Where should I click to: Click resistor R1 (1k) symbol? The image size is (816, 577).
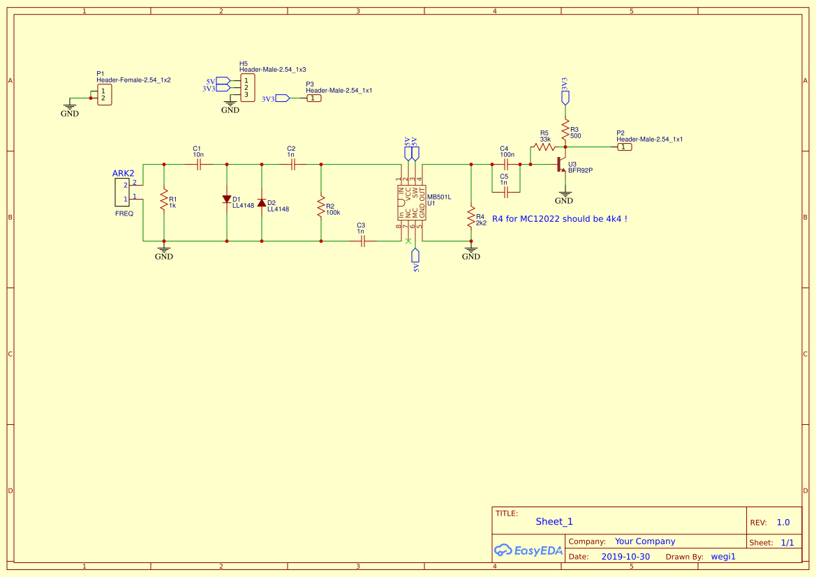tap(163, 201)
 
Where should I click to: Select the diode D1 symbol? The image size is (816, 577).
tap(227, 200)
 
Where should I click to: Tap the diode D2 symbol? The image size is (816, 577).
tap(262, 203)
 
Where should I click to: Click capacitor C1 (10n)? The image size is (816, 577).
tap(198, 165)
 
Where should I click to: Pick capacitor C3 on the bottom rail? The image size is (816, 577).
tap(362, 241)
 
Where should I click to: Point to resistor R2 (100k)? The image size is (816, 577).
tap(321, 207)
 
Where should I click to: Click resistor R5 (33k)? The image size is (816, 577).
tap(543, 147)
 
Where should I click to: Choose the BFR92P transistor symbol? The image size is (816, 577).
tap(561, 165)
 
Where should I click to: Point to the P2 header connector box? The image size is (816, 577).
tap(625, 147)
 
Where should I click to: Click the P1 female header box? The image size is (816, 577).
tap(103, 95)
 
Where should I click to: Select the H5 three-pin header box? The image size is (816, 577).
tap(247, 87)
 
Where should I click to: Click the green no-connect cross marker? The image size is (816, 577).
tap(408, 241)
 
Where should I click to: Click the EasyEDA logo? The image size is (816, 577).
tap(528, 550)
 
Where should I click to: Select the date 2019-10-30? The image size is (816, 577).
tap(625, 557)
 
